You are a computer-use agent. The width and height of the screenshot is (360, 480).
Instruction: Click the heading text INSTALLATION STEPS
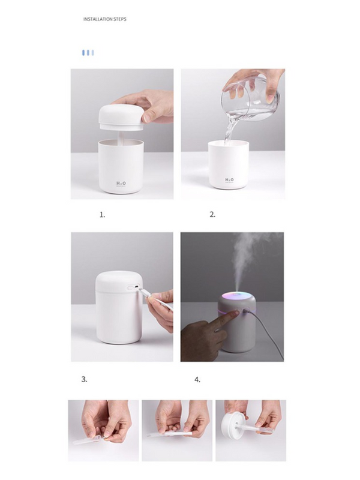coord(105,19)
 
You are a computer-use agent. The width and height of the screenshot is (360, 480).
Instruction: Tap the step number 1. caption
coord(102,215)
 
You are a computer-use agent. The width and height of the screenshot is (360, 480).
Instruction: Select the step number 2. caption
coord(212,215)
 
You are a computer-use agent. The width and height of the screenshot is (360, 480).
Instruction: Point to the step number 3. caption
coord(85,379)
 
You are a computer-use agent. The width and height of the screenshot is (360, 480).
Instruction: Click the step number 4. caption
coord(197,379)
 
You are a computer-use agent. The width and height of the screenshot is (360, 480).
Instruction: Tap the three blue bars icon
coord(88,53)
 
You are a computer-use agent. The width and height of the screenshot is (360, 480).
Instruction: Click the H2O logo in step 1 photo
coord(121,183)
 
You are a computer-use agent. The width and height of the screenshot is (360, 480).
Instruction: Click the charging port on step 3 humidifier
coord(136,289)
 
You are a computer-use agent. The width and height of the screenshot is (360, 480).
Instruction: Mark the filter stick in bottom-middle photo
coord(171,433)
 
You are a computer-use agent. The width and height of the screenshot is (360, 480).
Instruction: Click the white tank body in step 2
coord(228,168)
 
